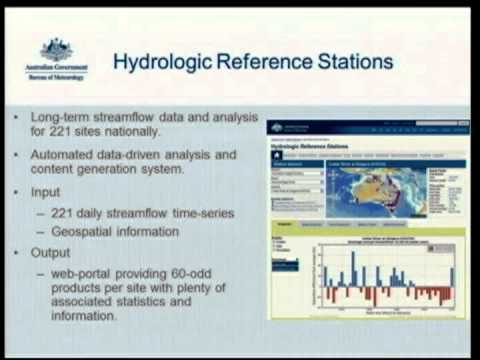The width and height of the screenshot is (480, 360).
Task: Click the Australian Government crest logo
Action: [x=56, y=50]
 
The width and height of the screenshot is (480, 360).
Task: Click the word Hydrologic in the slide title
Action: [x=164, y=62]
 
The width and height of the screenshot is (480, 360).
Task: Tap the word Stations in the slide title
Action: [x=354, y=62]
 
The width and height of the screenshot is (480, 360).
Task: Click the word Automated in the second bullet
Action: [x=69, y=156]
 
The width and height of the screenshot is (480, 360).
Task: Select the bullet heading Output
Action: [x=52, y=254]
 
